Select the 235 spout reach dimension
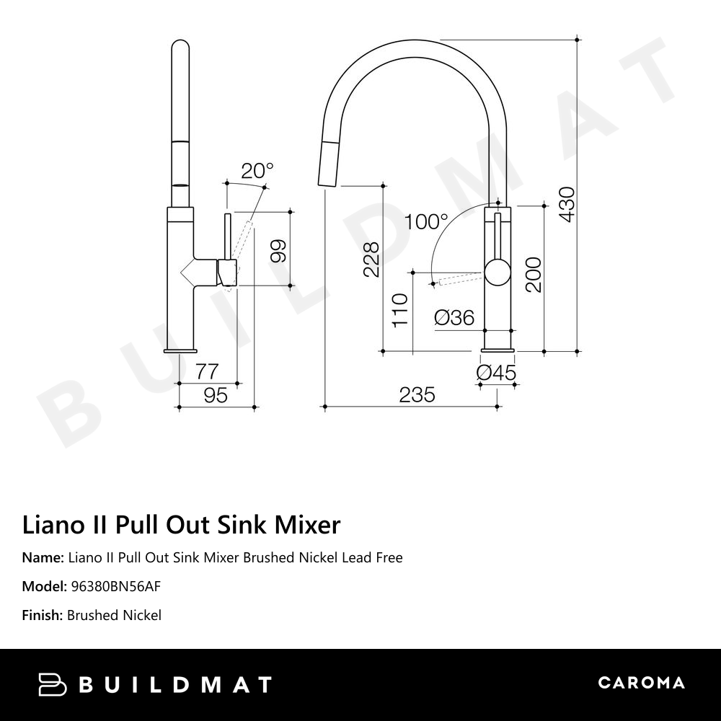[x=417, y=394]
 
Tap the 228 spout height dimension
[x=370, y=260]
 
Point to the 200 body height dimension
[x=533, y=274]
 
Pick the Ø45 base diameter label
[x=497, y=373]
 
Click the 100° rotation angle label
[x=426, y=221]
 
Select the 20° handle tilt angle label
[x=257, y=171]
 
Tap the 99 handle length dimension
[x=278, y=249]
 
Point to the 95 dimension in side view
[x=216, y=395]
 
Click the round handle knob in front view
[x=496, y=273]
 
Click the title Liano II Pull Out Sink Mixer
[x=181, y=524]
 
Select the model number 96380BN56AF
[x=115, y=586]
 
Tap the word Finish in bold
[x=43, y=615]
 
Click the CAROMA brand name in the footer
[x=641, y=683]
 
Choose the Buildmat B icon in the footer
[x=52, y=684]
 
